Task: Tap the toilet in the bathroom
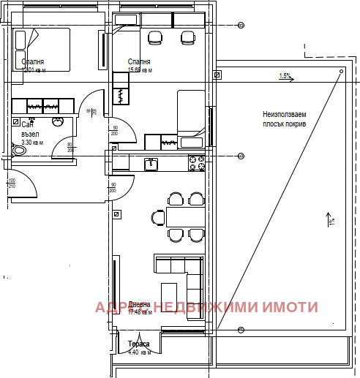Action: [x=19, y=151]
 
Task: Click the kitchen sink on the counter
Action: [x=151, y=163]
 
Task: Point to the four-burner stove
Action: [x=196, y=164]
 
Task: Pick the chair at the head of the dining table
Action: [x=157, y=217]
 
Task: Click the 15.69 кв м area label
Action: [x=140, y=71]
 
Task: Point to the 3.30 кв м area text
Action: [x=31, y=143]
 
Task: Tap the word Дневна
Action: [x=139, y=305]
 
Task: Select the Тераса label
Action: [x=139, y=344]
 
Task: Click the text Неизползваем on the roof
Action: [x=285, y=115]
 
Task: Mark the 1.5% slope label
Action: [x=285, y=76]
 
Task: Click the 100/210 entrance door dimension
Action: [x=12, y=183]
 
